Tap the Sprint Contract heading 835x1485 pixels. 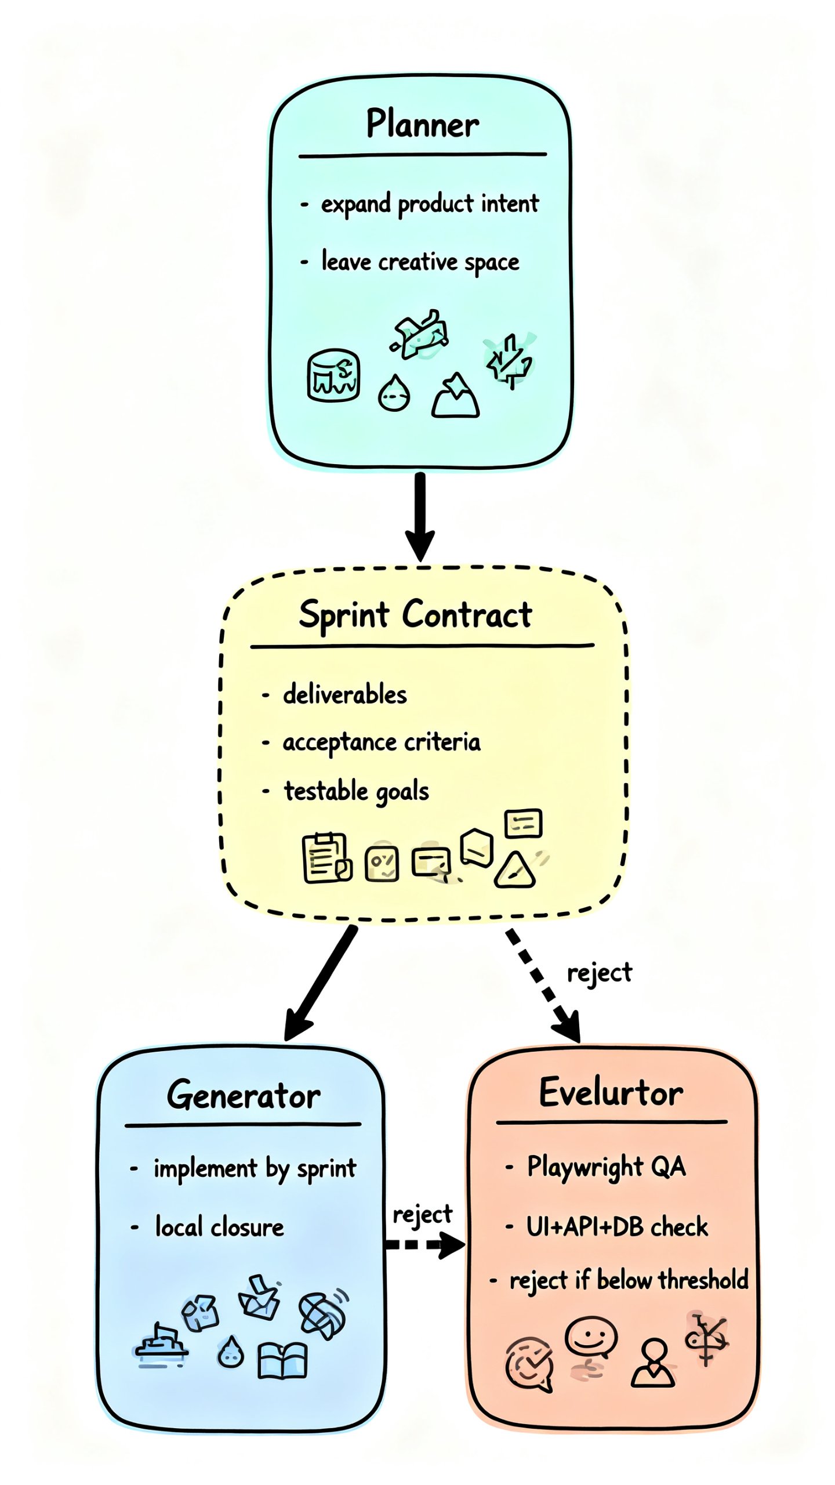[x=415, y=615]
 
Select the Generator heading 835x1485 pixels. [x=244, y=1096]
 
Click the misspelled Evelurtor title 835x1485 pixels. [x=611, y=1093]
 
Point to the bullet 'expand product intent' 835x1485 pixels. [x=429, y=204]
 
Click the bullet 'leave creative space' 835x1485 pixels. [x=420, y=262]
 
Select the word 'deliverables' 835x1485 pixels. [x=344, y=694]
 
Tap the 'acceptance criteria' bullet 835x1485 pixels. [x=381, y=742]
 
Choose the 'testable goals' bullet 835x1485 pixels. [x=356, y=791]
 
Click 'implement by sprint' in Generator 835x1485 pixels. [x=255, y=1168]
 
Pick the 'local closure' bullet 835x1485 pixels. [x=219, y=1227]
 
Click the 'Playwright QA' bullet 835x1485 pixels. [x=606, y=1167]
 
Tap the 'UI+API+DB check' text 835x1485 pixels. [x=617, y=1227]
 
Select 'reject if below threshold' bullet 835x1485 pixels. [x=629, y=1280]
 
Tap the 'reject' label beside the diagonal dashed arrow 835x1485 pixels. [x=599, y=973]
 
